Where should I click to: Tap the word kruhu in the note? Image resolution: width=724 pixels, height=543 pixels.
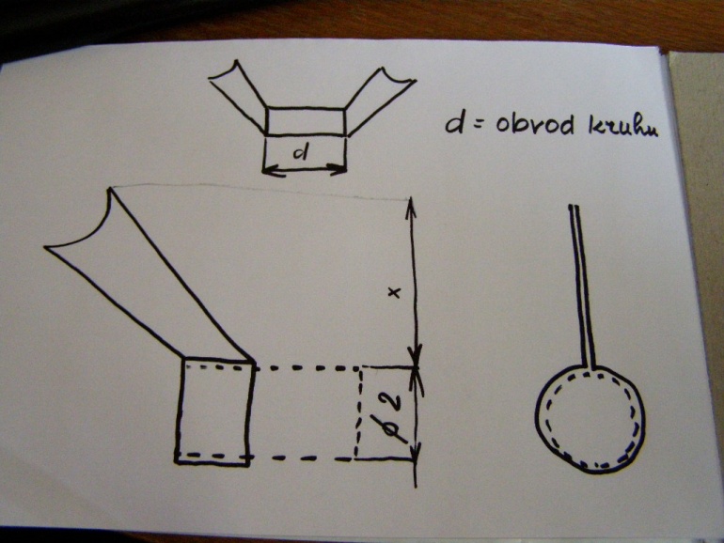click(x=622, y=126)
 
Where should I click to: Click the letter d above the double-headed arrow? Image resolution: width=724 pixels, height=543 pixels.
click(x=302, y=152)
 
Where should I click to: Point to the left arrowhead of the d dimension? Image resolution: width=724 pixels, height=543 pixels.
click(x=269, y=171)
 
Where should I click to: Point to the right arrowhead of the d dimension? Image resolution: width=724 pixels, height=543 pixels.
click(x=339, y=169)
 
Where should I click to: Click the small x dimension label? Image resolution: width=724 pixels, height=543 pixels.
click(x=395, y=292)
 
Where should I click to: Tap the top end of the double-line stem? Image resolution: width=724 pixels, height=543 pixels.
click(x=573, y=207)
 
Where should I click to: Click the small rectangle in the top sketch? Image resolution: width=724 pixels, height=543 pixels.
click(x=306, y=121)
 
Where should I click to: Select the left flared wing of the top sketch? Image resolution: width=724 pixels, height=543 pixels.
click(x=237, y=96)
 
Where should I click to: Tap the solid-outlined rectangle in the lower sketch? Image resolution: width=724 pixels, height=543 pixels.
click(x=214, y=411)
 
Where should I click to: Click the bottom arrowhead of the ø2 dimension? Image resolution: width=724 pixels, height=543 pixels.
click(x=417, y=451)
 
